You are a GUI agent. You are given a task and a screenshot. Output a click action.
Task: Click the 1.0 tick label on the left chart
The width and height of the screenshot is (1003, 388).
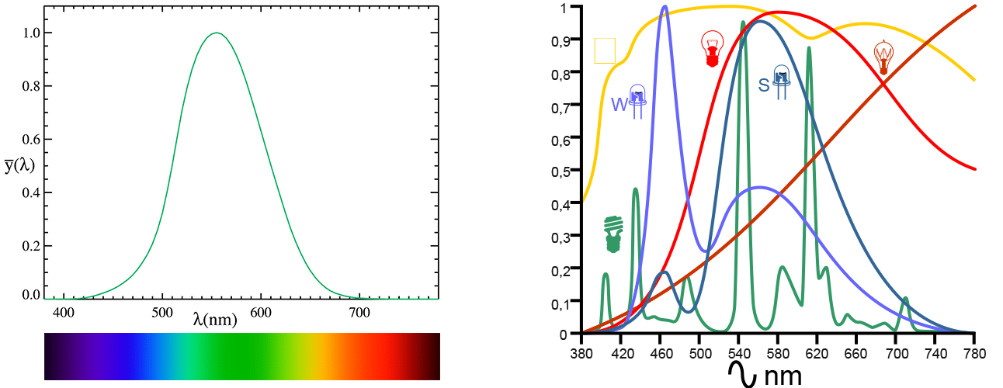tap(31, 33)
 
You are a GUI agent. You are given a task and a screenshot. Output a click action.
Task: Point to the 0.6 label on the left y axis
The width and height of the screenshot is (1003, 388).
tap(31, 140)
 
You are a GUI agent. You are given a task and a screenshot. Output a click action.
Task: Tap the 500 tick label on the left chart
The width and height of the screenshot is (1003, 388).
tap(162, 313)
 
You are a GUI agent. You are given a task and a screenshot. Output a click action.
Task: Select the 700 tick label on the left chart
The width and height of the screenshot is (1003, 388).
tap(359, 313)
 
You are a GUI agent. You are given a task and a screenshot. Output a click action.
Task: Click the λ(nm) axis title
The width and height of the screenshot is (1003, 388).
tap(215, 320)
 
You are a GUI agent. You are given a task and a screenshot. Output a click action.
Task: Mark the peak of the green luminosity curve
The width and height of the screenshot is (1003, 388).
tap(217, 33)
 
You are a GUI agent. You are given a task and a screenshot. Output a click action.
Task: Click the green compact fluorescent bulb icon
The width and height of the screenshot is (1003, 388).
tap(613, 234)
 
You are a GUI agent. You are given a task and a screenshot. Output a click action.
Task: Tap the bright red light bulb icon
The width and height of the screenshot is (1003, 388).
tap(712, 49)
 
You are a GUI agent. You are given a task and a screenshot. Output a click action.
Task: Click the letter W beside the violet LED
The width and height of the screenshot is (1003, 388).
tap(619, 105)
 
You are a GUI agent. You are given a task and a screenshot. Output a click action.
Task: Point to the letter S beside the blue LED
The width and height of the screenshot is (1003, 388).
tap(763, 85)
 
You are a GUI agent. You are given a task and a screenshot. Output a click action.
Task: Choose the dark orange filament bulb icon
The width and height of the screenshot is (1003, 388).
tap(883, 57)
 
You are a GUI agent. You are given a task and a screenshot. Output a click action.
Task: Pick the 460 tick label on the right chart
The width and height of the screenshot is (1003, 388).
tap(661, 354)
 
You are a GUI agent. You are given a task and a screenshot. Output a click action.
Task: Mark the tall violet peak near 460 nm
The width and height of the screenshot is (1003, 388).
tap(665, 6)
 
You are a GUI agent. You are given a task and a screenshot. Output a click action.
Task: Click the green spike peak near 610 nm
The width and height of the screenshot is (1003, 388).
tap(809, 47)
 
